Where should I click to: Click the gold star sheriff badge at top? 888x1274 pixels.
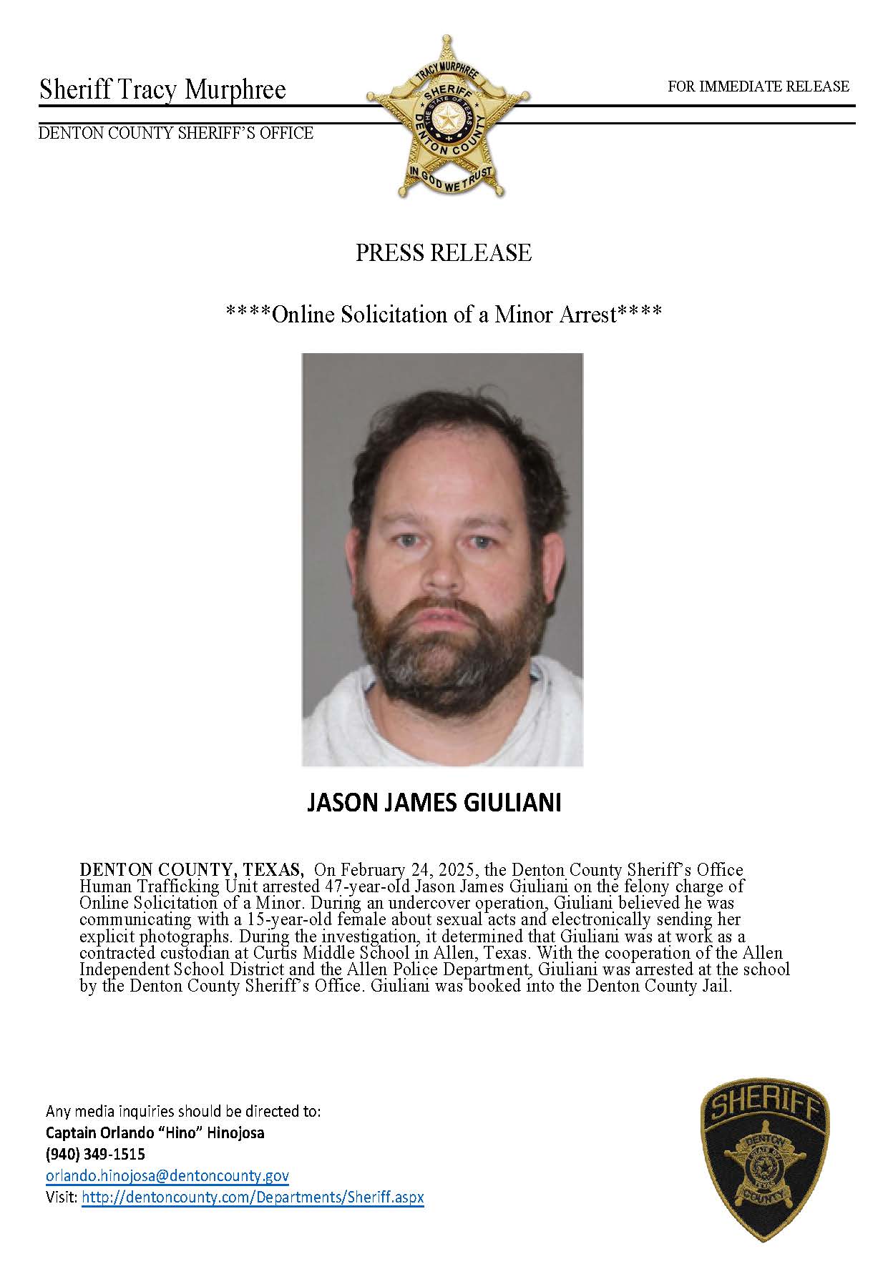coord(448,117)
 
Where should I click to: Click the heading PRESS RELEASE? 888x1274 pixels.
coord(444,253)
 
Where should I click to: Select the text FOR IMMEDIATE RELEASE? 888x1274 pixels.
coord(758,87)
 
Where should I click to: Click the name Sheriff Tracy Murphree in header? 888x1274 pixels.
coord(162,90)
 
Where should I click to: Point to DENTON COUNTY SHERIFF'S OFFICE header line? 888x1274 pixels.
coord(175,133)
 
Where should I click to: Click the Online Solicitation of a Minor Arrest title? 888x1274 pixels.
coord(444,314)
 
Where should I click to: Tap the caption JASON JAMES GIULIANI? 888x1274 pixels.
coord(434,803)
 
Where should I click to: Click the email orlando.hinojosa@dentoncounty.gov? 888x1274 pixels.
coord(167,1175)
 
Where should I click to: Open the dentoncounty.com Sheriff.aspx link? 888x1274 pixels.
coord(253,1197)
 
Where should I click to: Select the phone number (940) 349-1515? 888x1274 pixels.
coord(95,1154)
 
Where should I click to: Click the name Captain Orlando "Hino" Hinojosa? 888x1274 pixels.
coord(155,1132)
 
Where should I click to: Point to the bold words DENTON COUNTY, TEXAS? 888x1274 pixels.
coord(190,870)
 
